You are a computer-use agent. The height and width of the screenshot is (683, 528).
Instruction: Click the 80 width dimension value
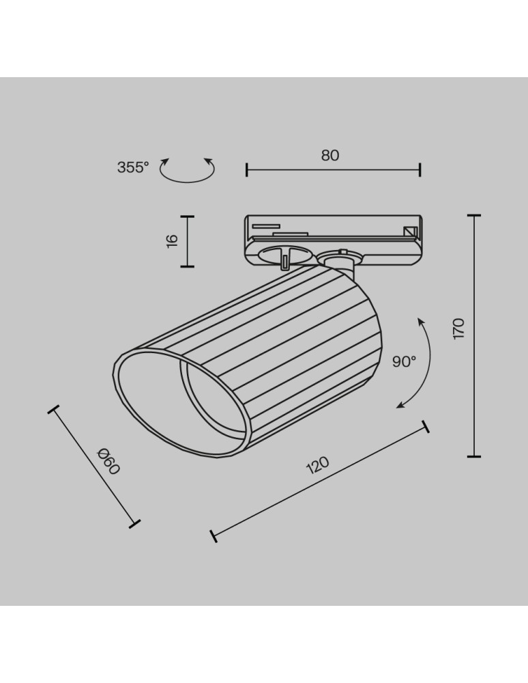[330, 155]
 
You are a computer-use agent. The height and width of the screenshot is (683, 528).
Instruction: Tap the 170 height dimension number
[458, 329]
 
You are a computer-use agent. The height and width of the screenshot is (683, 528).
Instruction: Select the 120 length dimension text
[317, 466]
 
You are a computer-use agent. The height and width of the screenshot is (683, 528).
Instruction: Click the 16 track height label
[172, 240]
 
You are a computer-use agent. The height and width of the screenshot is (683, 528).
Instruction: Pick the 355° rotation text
[132, 167]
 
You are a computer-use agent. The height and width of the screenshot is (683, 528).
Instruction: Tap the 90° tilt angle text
[404, 362]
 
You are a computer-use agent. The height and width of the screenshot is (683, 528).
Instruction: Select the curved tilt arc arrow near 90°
[422, 362]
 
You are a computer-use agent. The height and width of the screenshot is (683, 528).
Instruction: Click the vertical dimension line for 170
[474, 335]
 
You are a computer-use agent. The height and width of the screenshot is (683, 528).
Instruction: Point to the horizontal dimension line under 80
[333, 169]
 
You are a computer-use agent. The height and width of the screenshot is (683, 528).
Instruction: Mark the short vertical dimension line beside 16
[188, 241]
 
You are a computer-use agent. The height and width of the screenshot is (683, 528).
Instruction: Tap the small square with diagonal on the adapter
[411, 232]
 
